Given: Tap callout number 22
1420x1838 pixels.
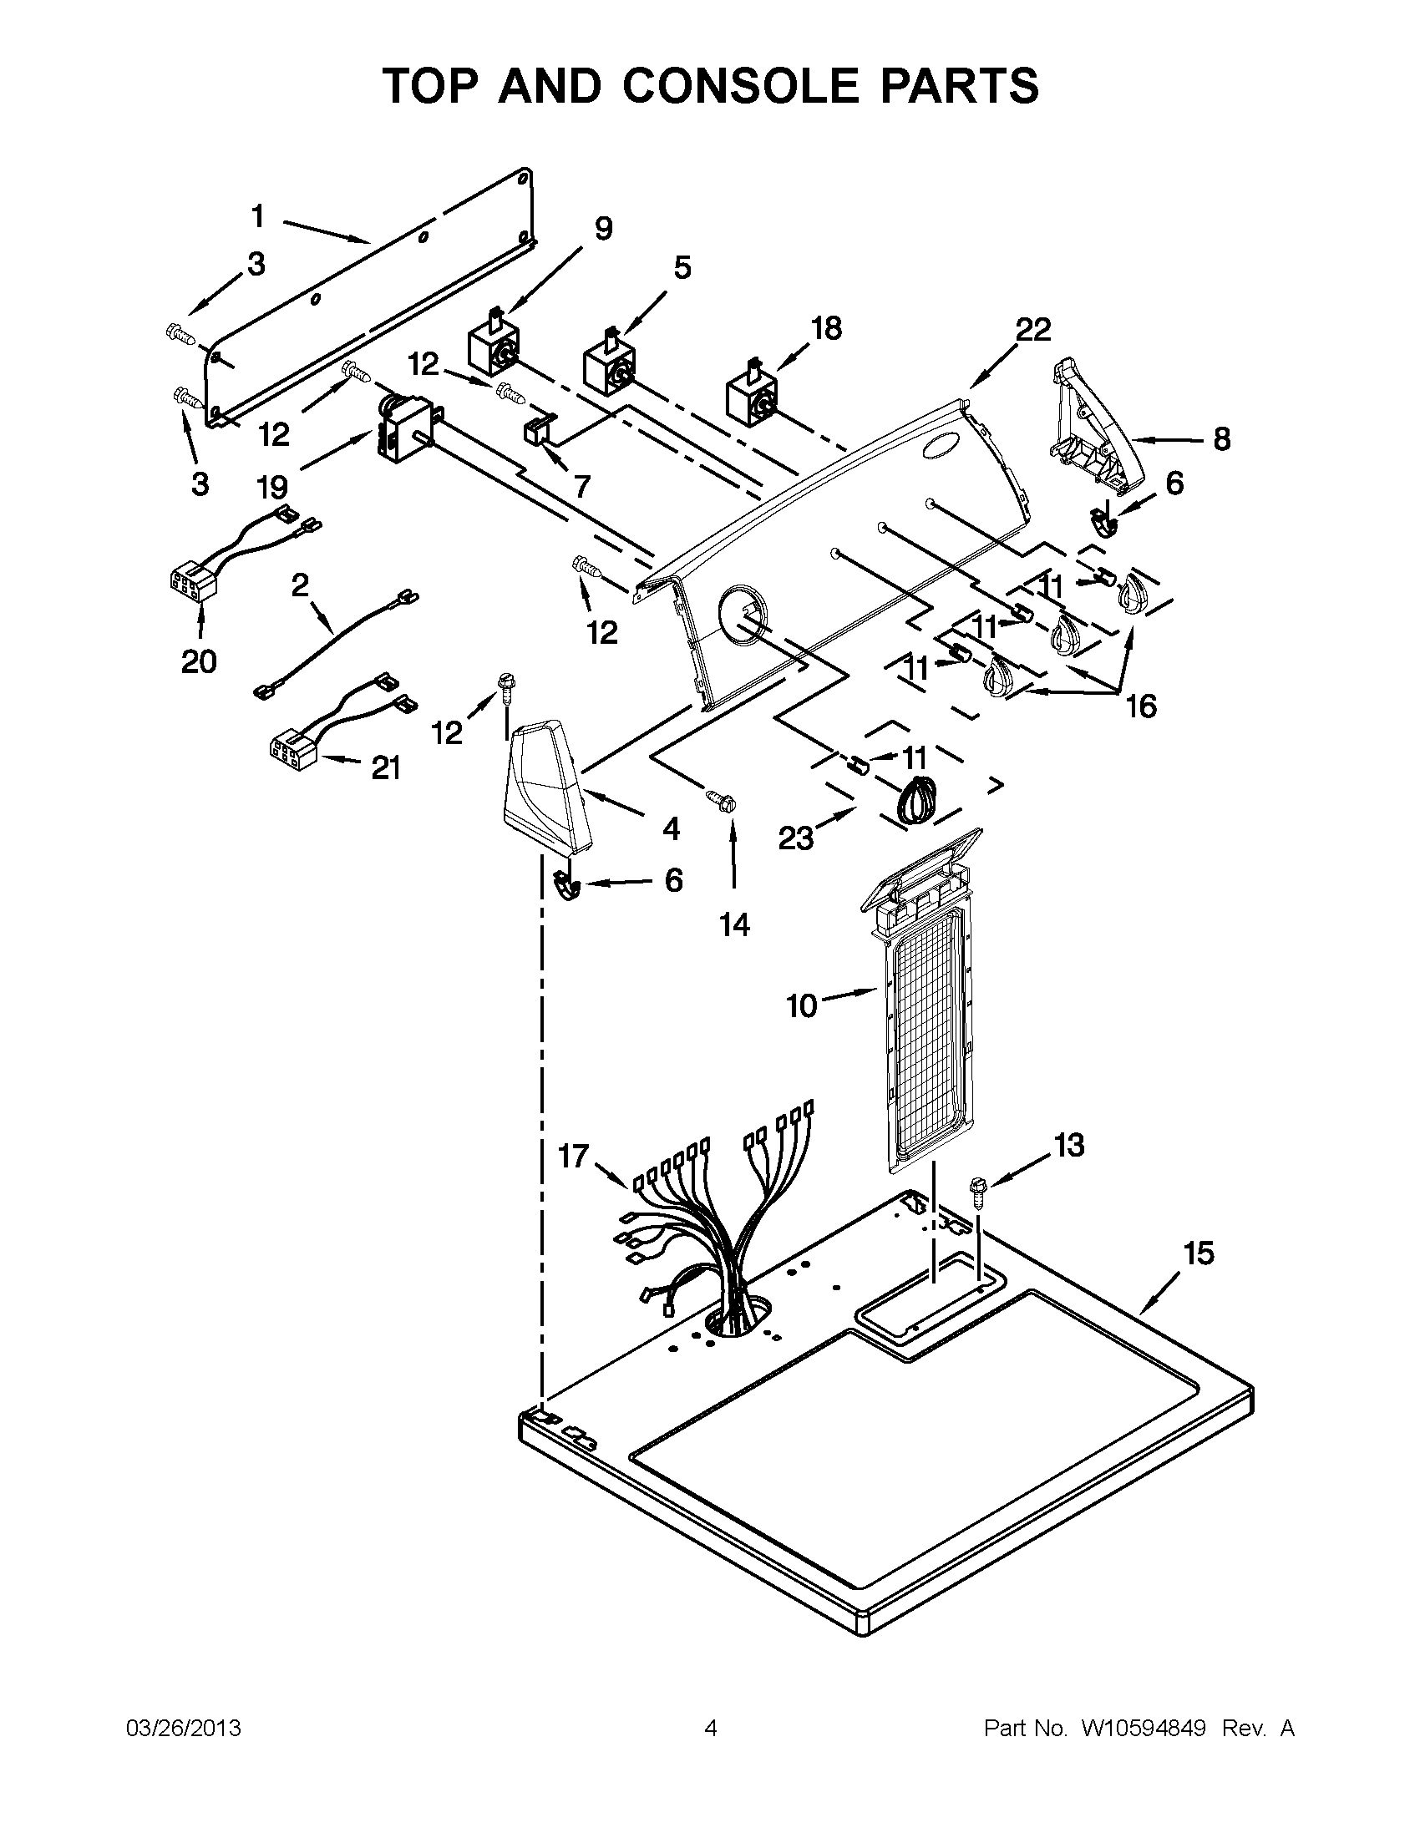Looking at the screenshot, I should [x=1032, y=330].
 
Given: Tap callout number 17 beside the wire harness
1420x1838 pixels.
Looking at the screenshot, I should [x=573, y=1157].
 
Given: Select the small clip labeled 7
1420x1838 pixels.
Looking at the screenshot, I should [x=535, y=430].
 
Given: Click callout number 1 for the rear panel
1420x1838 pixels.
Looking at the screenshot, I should [x=257, y=217].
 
